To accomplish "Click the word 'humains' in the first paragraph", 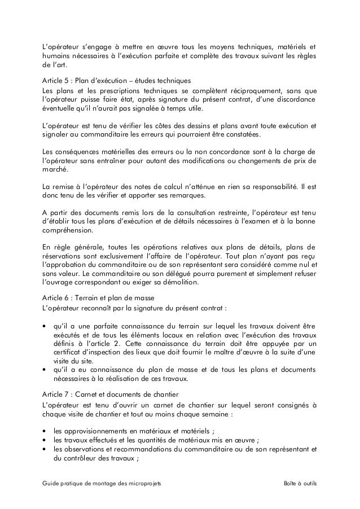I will click(x=56, y=55).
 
